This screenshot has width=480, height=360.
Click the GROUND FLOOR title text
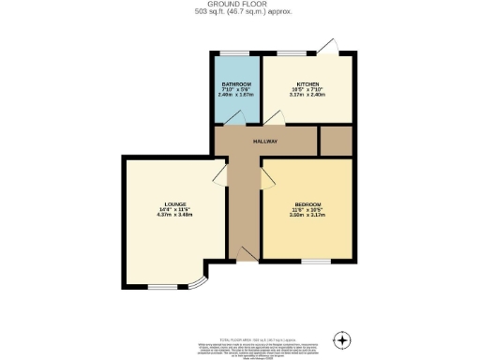pyautogui.click(x=239, y=5)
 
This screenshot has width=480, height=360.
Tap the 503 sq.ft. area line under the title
pyautogui.click(x=239, y=12)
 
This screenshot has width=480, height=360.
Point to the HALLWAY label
pyautogui.click(x=265, y=142)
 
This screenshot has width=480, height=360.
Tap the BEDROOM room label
pyautogui.click(x=308, y=204)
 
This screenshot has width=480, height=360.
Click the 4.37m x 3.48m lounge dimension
pyautogui.click(x=174, y=216)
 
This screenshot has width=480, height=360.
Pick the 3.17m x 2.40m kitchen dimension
pyautogui.click(x=308, y=95)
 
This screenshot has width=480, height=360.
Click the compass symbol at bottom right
pyautogui.click(x=343, y=338)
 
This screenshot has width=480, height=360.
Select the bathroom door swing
pyautogui.click(x=235, y=117)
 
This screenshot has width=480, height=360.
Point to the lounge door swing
pyautogui.click(x=220, y=178)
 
